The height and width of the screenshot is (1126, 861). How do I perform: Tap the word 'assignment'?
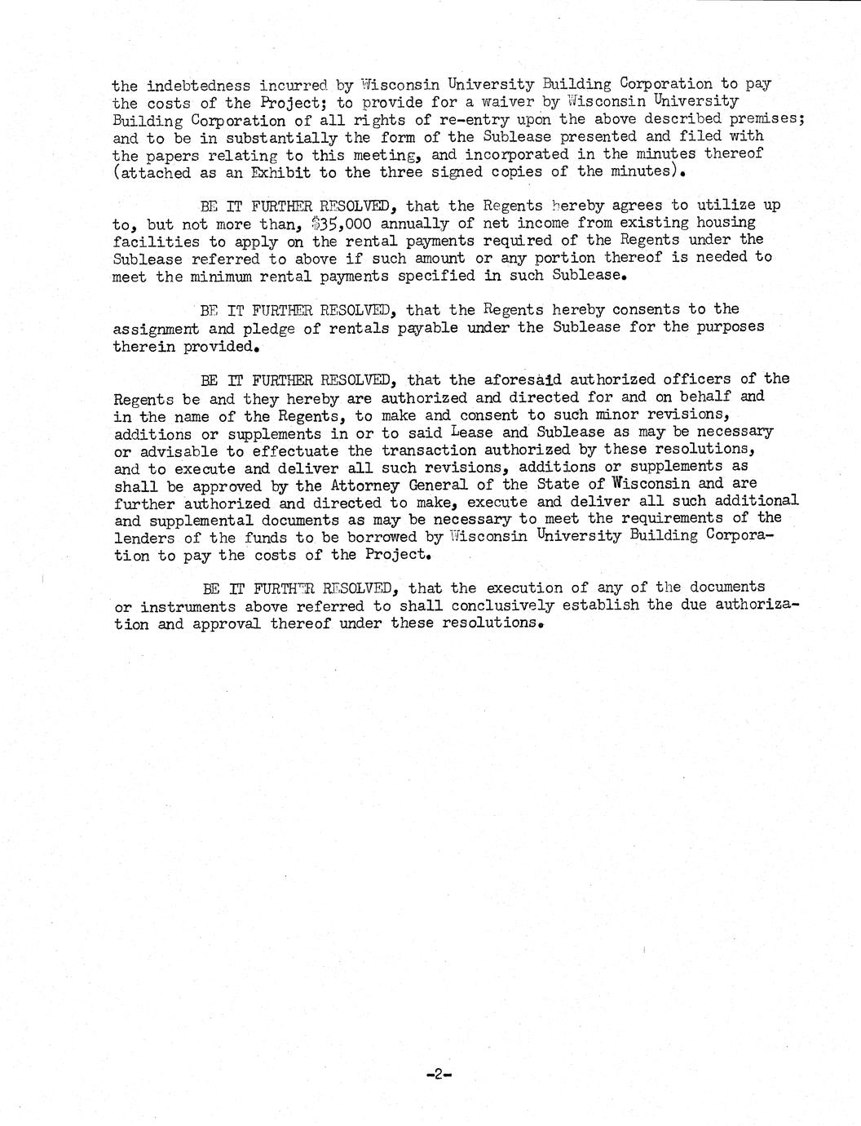coord(156,328)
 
